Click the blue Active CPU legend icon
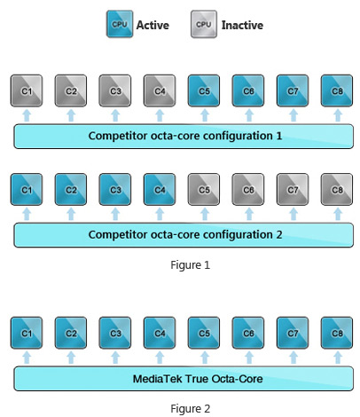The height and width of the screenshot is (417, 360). tap(120, 24)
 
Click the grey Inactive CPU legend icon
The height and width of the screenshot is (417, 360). tap(204, 24)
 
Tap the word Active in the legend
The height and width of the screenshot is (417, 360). tap(153, 25)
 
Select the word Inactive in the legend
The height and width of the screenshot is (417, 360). tap(242, 25)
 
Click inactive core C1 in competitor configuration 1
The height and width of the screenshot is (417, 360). tap(27, 90)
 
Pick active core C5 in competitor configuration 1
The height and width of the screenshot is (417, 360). tap(204, 90)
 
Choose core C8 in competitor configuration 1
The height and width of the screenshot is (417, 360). tap(337, 90)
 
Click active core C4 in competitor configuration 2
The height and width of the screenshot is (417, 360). tap(160, 189)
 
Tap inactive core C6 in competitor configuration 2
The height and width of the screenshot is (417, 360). tap(248, 189)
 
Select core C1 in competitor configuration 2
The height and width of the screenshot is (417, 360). tap(27, 189)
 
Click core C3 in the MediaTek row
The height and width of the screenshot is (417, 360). tap(115, 333)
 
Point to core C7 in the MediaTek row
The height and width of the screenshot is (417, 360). tap(293, 333)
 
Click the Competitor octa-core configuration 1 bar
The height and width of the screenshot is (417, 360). tap(184, 137)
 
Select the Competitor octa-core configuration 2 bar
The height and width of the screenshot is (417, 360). tap(184, 235)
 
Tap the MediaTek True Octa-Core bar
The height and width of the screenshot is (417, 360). tap(184, 379)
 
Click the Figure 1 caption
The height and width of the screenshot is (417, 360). tap(191, 264)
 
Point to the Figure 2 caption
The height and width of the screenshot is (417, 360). tap(191, 408)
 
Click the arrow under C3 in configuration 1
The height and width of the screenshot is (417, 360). tap(115, 115)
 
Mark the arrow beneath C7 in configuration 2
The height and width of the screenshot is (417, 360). tap(293, 214)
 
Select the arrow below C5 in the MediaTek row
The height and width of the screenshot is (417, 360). tap(205, 358)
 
